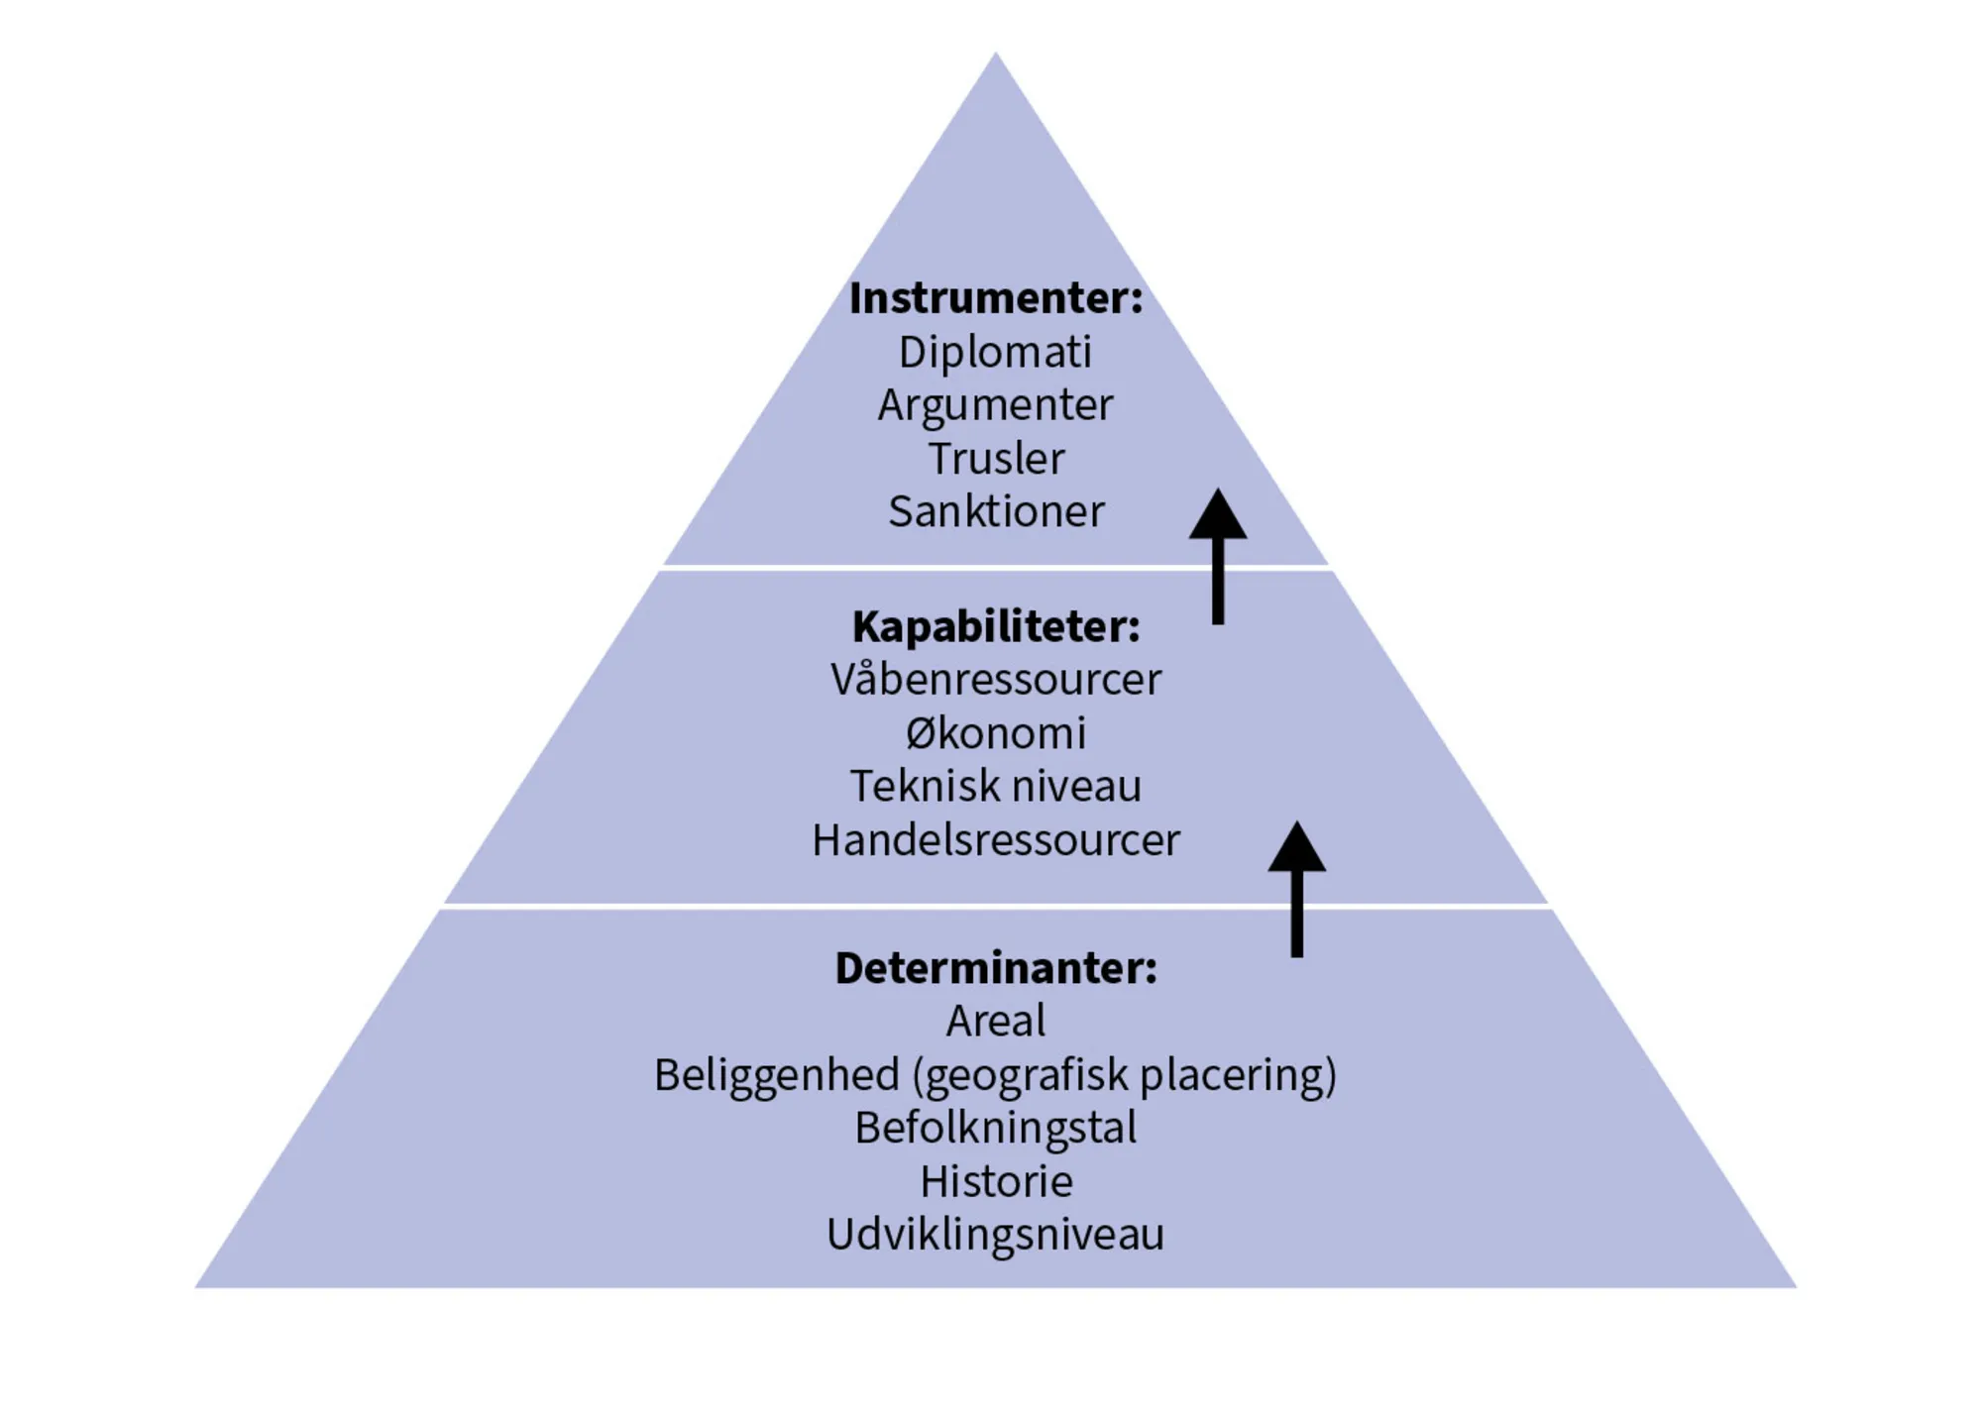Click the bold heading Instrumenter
[x=995, y=298]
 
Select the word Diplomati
[x=995, y=352]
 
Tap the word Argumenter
[x=995, y=405]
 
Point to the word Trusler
[x=995, y=459]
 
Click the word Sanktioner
[x=995, y=512]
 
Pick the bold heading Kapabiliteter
[x=995, y=626]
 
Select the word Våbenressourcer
[x=995, y=680]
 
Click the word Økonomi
[x=995, y=733]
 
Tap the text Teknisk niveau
[x=995, y=787]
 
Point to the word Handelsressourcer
[x=995, y=840]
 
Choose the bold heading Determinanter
[x=995, y=968]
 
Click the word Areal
[x=995, y=1021]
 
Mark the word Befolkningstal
[x=995, y=1128]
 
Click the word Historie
[x=995, y=1181]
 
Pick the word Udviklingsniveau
[x=995, y=1235]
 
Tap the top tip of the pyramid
[x=995, y=57]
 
